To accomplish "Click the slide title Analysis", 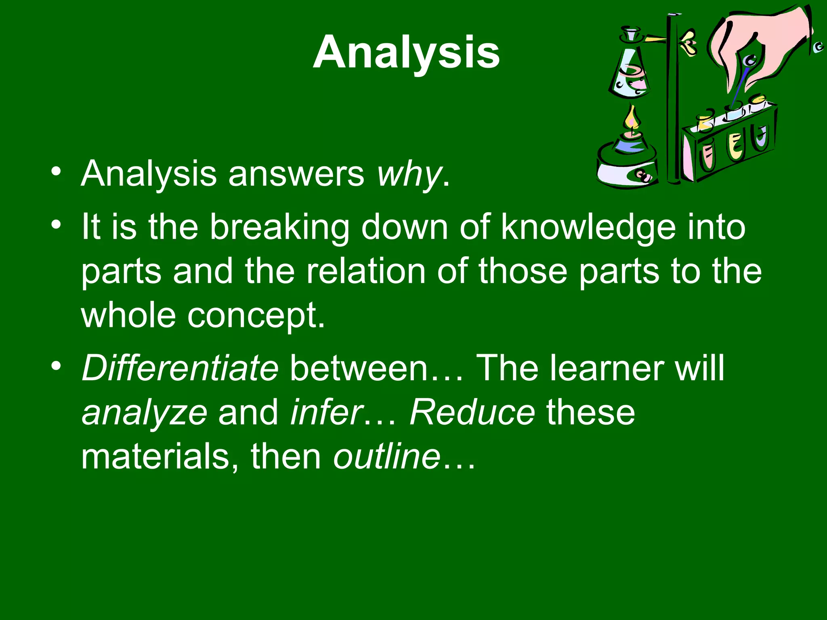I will (x=406, y=52).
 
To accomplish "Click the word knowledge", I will (x=588, y=227).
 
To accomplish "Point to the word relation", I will (x=366, y=271).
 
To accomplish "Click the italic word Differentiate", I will (x=180, y=368).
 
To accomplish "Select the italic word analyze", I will (x=145, y=413).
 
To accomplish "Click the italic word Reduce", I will (x=472, y=413).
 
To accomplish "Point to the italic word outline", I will (x=386, y=457).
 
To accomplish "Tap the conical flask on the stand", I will (x=630, y=73).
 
